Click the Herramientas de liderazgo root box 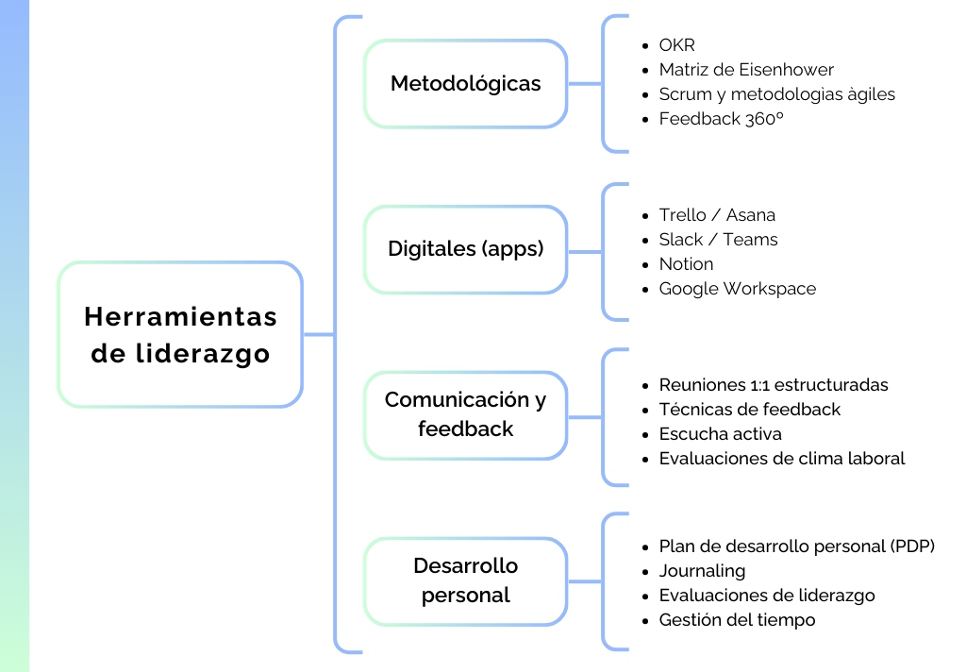[x=180, y=334]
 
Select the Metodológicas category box [x=465, y=83]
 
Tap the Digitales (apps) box [x=465, y=249]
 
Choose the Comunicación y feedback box [x=465, y=413]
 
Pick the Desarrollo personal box [x=465, y=580]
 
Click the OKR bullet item [x=676, y=45]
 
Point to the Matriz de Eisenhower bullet [x=745, y=70]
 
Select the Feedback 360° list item [x=721, y=119]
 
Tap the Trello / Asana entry [x=717, y=215]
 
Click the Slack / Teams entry [x=718, y=240]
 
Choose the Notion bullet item [x=686, y=264]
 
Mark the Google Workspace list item [x=737, y=289]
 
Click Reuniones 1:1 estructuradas [x=773, y=385]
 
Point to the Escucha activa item [x=720, y=434]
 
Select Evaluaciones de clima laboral [x=781, y=459]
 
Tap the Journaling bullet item [x=702, y=571]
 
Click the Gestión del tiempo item [x=737, y=620]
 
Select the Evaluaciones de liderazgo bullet [x=766, y=596]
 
